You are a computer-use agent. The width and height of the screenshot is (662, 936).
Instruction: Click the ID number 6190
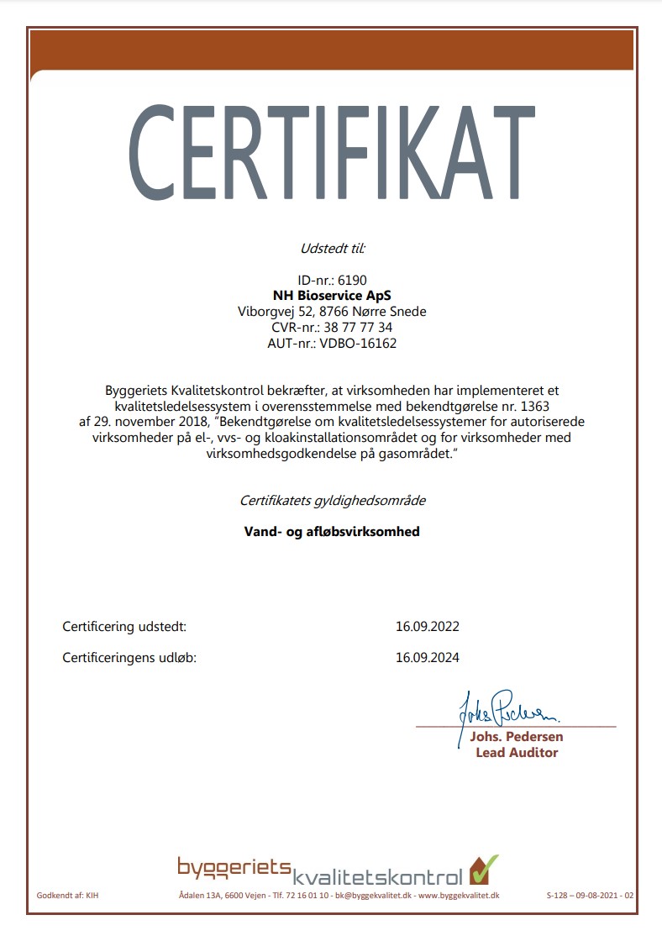pos(351,280)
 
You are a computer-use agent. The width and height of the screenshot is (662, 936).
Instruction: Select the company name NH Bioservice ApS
pos(332,296)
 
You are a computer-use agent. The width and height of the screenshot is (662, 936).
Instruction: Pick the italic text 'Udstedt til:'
pos(332,248)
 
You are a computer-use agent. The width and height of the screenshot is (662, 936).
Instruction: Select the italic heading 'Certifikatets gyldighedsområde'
pos(332,501)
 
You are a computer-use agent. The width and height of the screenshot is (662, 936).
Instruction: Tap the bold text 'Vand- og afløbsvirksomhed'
pos(332,532)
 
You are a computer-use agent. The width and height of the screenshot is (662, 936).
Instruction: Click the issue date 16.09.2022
pos(428,627)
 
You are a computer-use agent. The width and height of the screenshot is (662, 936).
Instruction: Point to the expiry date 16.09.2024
pos(428,658)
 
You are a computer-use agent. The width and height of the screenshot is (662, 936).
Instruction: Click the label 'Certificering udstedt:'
pos(124,627)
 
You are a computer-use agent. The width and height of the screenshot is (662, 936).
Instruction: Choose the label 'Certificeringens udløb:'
pos(129,658)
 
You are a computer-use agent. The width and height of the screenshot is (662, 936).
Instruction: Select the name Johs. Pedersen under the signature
pos(517,737)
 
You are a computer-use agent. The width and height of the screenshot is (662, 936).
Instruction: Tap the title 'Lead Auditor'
pos(517,753)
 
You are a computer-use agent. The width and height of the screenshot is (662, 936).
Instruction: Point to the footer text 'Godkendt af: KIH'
pos(68,896)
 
